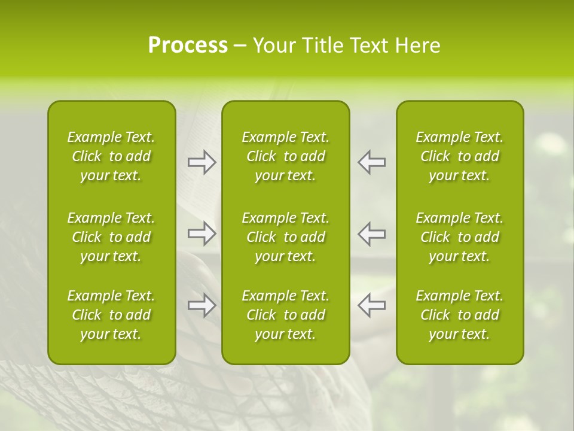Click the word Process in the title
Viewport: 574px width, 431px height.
188,45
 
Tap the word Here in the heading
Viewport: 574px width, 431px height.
417,45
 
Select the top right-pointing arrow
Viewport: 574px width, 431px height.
202,162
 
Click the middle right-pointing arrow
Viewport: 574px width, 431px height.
202,233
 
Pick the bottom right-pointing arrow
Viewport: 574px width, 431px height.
202,305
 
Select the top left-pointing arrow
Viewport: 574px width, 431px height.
371,162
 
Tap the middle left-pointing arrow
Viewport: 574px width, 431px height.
371,233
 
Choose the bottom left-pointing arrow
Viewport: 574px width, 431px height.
371,305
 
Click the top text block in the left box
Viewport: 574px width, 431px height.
111,156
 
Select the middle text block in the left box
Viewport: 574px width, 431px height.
111,237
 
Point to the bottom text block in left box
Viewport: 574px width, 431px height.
111,315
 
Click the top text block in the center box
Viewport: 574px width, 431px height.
285,156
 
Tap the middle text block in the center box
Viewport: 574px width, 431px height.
285,237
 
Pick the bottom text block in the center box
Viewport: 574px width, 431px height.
285,315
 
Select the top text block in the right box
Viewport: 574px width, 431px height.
459,156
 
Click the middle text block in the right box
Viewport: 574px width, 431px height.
459,237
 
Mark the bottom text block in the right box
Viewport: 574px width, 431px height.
459,315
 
